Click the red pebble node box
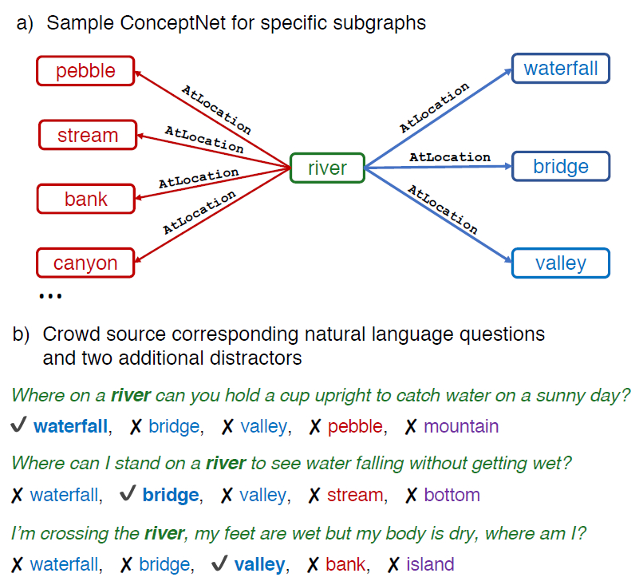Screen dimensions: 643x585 click(x=85, y=71)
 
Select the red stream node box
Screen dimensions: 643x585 click(x=88, y=135)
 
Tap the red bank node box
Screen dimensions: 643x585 click(x=85, y=199)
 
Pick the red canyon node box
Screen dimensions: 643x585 click(x=85, y=263)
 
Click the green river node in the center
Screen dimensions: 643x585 click(x=327, y=168)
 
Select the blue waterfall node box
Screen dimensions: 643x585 click(x=561, y=69)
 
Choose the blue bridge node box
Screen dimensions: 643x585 click(x=561, y=166)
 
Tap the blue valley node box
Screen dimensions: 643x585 click(x=561, y=263)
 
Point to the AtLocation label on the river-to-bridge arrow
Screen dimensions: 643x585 click(x=450, y=156)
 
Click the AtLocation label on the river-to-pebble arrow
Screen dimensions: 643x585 click(x=216, y=109)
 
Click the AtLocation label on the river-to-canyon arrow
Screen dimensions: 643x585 click(x=199, y=212)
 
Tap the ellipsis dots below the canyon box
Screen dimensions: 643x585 click(x=50, y=296)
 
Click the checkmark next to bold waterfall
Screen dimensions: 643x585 click(x=18, y=425)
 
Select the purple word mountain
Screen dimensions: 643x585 click(x=461, y=426)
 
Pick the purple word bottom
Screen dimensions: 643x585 click(x=452, y=495)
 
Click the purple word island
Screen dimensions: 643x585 click(x=430, y=564)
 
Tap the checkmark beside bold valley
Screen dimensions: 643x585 click(x=219, y=563)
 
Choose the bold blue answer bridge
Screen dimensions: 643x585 click(x=171, y=495)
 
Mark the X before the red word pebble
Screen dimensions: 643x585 click(x=315, y=427)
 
